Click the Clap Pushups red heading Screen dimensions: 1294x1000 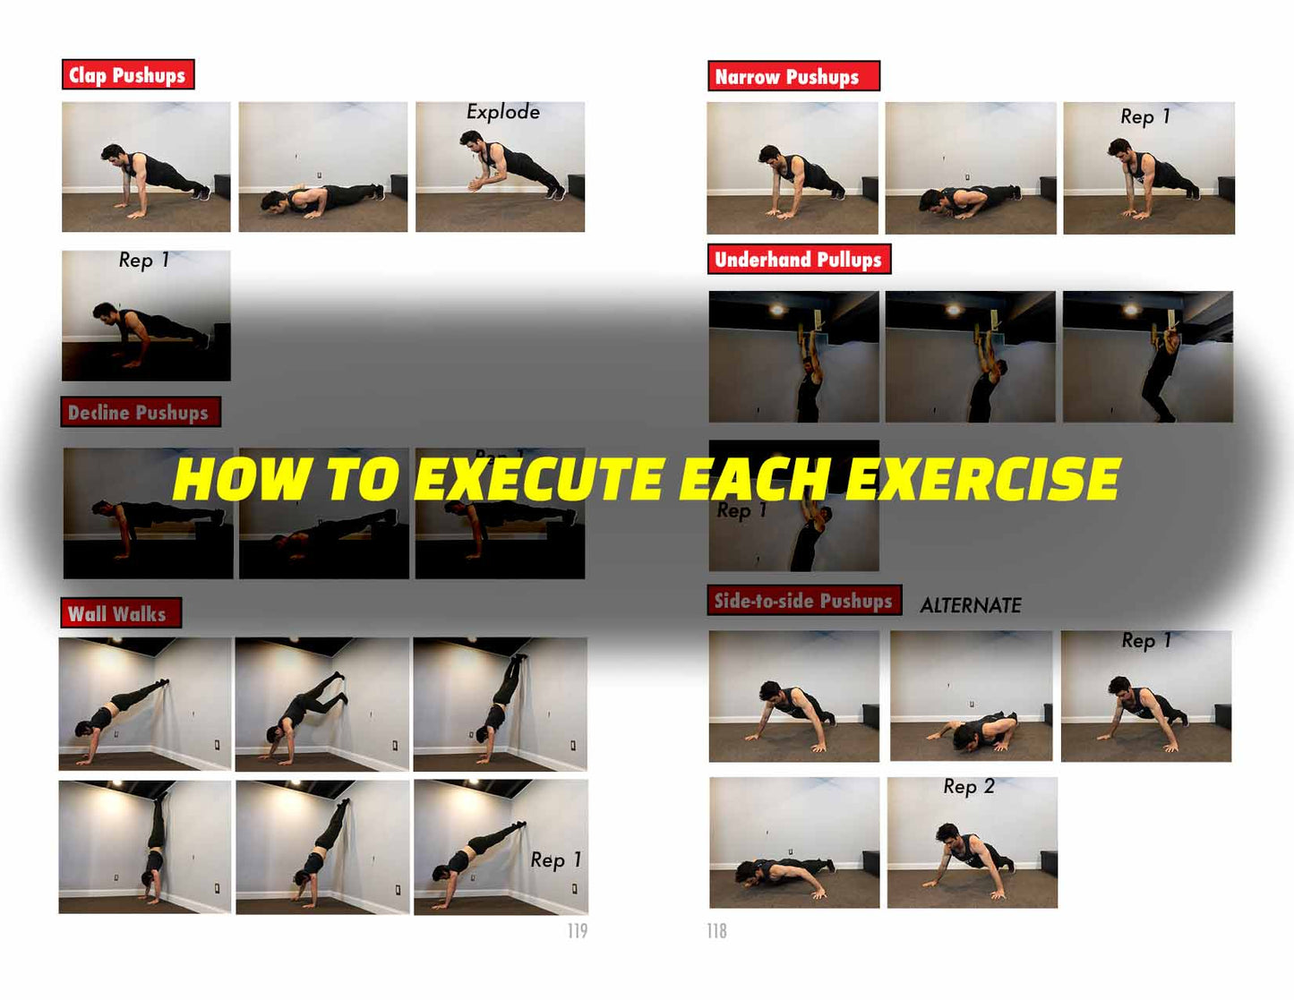point(128,74)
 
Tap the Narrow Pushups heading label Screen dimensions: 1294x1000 point(793,75)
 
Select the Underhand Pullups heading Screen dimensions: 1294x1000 point(799,259)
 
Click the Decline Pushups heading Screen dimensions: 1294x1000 point(141,412)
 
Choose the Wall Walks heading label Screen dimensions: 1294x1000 point(121,613)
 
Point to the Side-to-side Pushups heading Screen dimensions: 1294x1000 point(804,600)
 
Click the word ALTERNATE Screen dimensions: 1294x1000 point(971,605)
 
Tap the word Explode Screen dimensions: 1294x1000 point(503,112)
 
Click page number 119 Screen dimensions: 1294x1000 point(578,930)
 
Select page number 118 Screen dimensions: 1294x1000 point(717,930)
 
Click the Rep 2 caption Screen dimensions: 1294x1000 point(969,787)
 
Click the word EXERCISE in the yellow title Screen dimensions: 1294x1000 point(983,479)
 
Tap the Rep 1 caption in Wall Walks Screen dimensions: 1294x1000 point(555,860)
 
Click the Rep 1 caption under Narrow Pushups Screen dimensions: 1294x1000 point(1145,116)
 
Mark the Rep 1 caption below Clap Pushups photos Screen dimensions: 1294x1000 point(144,261)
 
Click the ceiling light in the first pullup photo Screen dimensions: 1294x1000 point(776,310)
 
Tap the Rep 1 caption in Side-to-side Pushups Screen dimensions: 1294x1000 point(1146,641)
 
